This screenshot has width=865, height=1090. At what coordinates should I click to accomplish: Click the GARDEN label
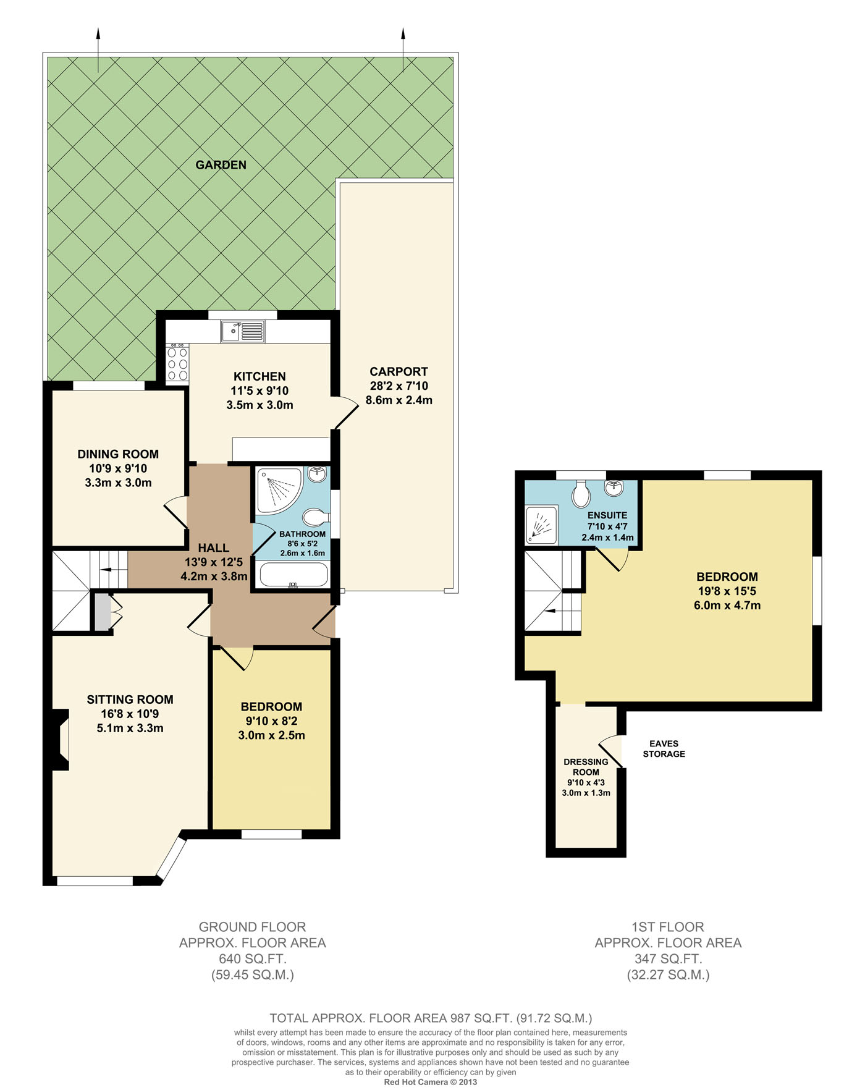coord(221,164)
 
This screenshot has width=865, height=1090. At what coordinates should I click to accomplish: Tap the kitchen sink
coord(242,331)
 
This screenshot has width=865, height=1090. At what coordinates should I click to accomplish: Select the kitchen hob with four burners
coord(178,363)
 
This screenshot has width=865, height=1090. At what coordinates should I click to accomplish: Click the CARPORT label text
coord(399,371)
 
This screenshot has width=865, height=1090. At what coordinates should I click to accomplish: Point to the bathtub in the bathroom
coord(293,574)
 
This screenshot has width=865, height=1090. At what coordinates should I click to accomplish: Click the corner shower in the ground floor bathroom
coord(279,490)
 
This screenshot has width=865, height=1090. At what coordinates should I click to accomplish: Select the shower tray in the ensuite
coord(541,525)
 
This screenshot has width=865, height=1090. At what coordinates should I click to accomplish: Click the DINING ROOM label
coord(118,454)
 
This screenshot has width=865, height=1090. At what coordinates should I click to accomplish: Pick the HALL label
coord(214,547)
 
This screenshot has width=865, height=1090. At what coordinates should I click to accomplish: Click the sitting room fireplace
coord(59,740)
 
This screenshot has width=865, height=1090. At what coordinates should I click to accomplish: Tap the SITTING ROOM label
coord(130,699)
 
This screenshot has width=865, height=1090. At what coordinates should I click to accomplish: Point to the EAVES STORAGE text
coord(664,749)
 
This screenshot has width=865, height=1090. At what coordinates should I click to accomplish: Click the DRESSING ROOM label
coord(586,767)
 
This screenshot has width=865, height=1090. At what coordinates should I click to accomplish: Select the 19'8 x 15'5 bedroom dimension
coord(727,591)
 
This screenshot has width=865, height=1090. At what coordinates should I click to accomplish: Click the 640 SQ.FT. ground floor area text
coord(253,959)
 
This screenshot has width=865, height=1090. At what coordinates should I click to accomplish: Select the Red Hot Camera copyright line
coord(431,1082)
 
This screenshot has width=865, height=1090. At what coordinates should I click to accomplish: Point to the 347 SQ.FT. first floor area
coord(668,959)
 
